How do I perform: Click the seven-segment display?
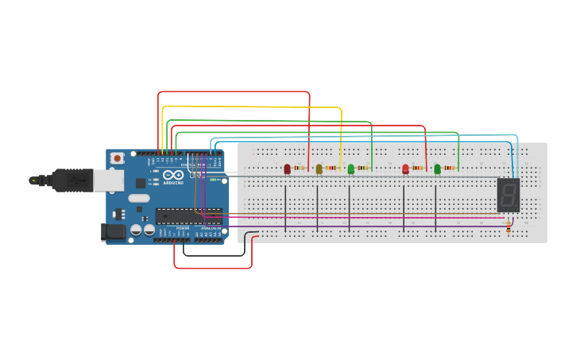pyautogui.click(x=508, y=195)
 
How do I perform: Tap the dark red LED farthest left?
pyautogui.click(x=287, y=168)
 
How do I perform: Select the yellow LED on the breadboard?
pyautogui.click(x=319, y=168)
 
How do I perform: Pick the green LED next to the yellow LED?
pyautogui.click(x=350, y=168)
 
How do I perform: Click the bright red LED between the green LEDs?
pyautogui.click(x=405, y=168)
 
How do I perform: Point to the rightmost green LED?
pyautogui.click(x=437, y=168)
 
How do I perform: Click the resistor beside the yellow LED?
pyautogui.click(x=331, y=168)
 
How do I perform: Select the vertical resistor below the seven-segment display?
pyautogui.click(x=508, y=228)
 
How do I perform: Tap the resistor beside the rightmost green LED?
pyautogui.click(x=450, y=168)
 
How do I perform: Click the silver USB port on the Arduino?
pyautogui.click(x=107, y=181)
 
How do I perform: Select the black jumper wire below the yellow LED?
pyautogui.click(x=317, y=208)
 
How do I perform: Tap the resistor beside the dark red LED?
pyautogui.click(x=300, y=168)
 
